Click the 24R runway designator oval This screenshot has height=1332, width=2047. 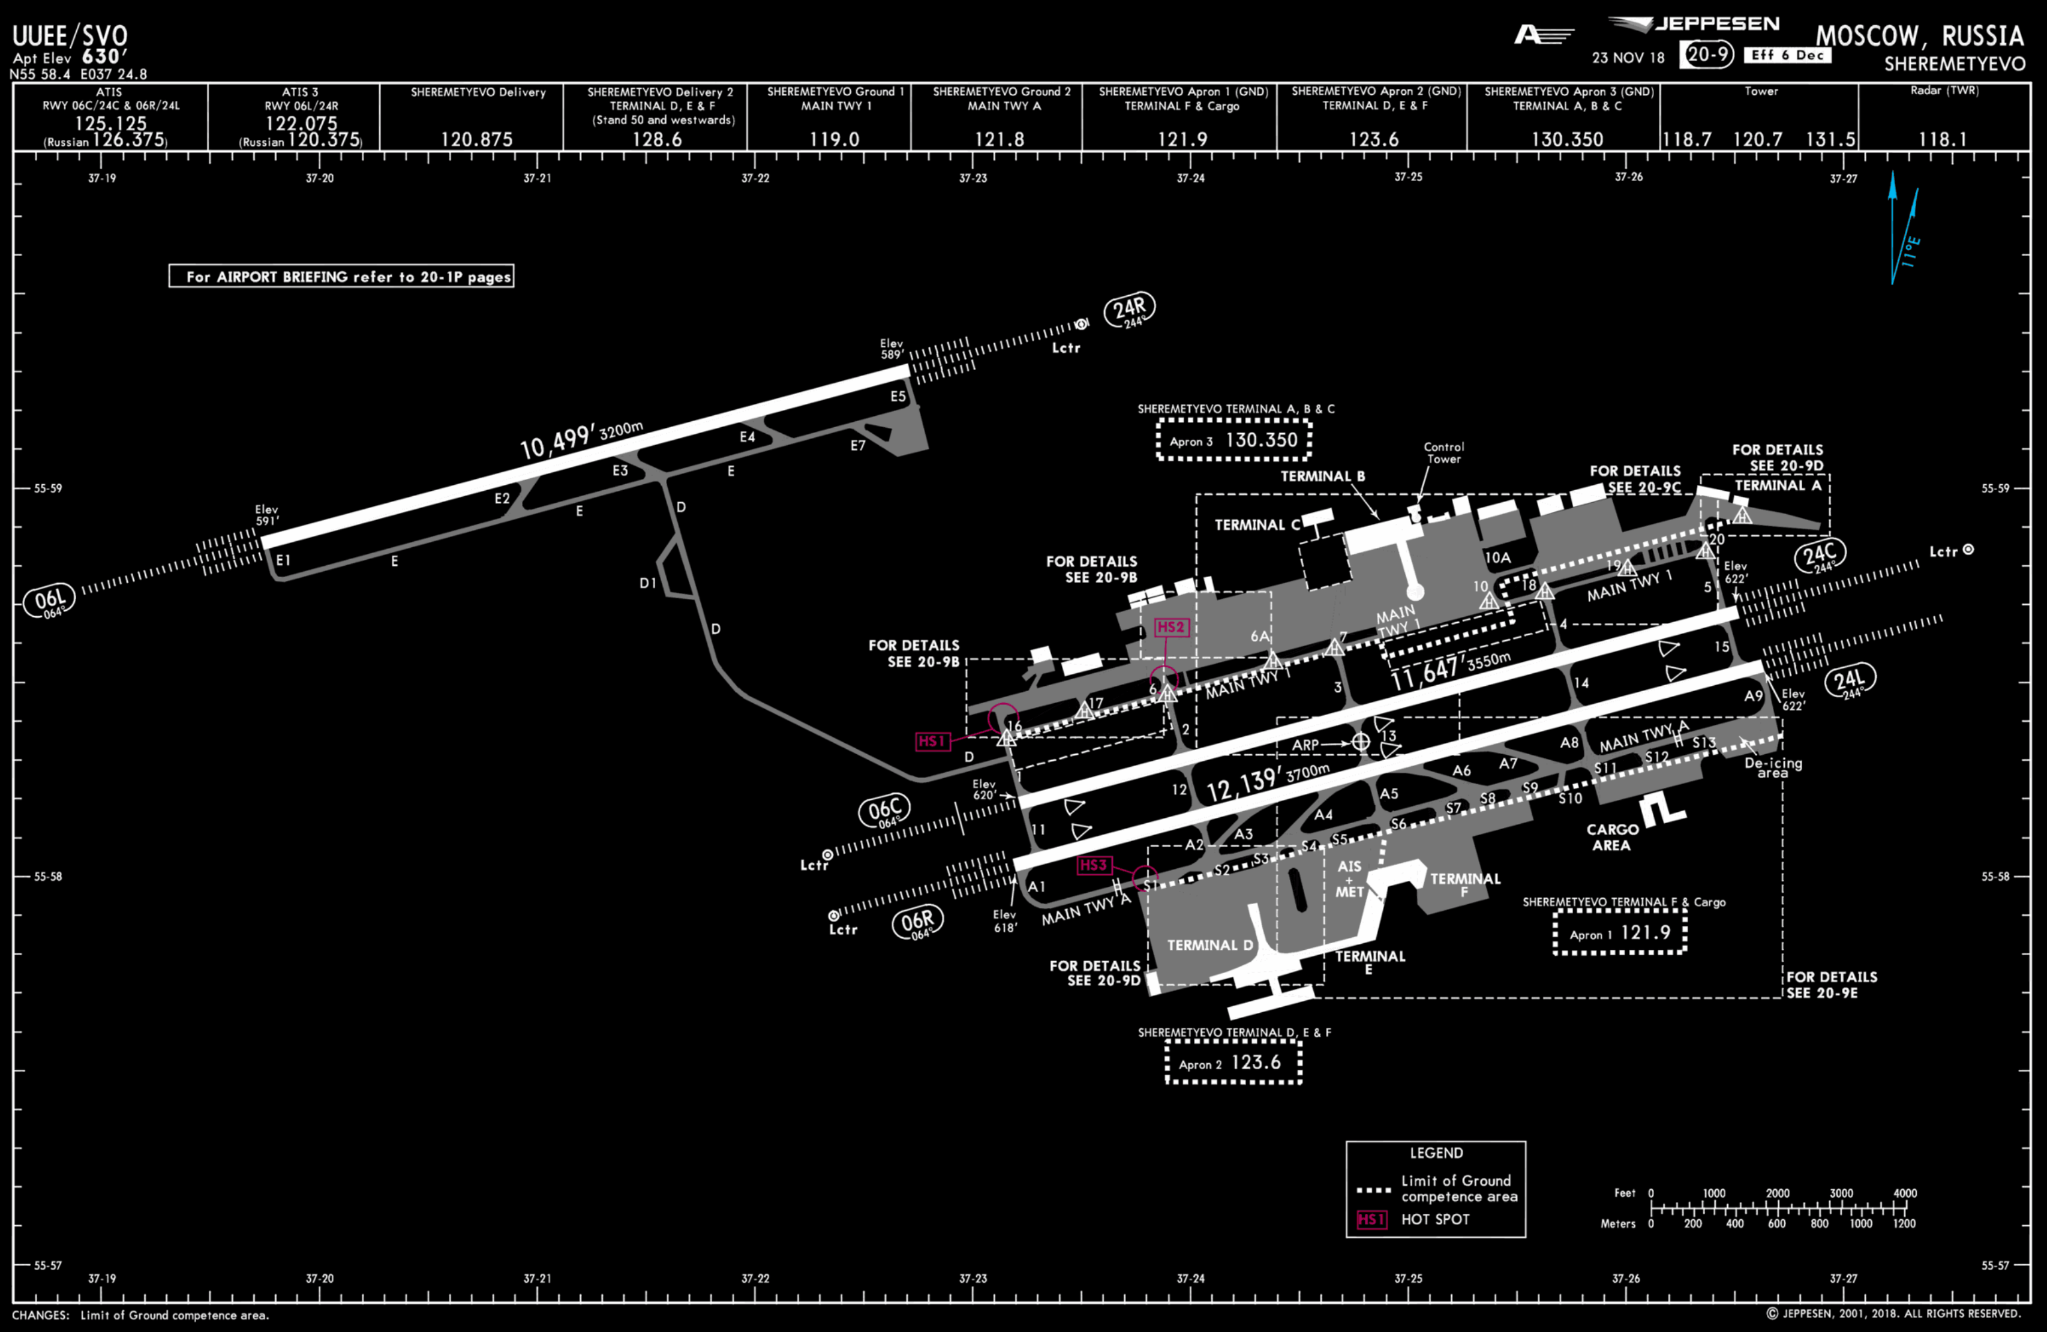coord(1129,309)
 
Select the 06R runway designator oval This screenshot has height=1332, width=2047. coord(917,923)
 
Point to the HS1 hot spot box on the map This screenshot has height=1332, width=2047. coord(932,741)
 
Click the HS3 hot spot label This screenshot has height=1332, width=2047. coord(1094,865)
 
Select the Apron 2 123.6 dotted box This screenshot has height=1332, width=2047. coord(1233,1063)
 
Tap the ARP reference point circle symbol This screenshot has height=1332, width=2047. coord(1361,741)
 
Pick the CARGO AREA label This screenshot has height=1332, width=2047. coord(1612,836)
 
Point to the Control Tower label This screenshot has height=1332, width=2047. coord(1443,452)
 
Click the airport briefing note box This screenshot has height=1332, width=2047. coord(341,276)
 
